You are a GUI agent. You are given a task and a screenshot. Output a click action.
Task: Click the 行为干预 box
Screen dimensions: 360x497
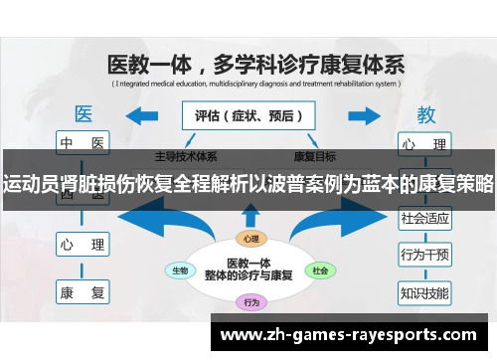pyautogui.click(x=424, y=256)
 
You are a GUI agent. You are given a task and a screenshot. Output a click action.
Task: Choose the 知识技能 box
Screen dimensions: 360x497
pyautogui.click(x=424, y=293)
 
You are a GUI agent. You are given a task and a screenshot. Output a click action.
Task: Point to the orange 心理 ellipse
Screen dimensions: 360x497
pyautogui.click(x=248, y=239)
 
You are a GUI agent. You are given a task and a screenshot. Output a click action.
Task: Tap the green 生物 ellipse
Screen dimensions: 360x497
pyautogui.click(x=181, y=270)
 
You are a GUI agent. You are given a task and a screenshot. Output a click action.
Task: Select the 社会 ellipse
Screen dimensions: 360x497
pyautogui.click(x=319, y=270)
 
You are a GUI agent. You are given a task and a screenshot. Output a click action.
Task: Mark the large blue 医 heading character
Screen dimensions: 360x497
pyautogui.click(x=83, y=112)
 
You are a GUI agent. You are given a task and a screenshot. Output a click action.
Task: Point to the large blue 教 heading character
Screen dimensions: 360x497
pyautogui.click(x=424, y=112)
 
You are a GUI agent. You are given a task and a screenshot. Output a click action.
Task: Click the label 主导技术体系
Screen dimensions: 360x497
pyautogui.click(x=186, y=157)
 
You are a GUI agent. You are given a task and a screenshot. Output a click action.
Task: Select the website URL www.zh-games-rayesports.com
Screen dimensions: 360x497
pyautogui.click(x=353, y=335)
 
